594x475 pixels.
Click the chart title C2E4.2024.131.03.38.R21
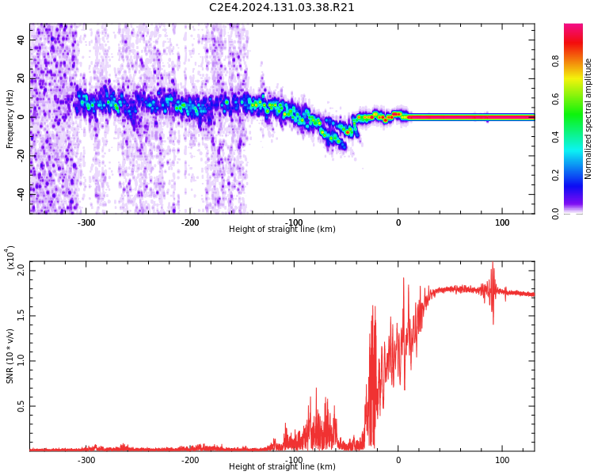click(x=281, y=8)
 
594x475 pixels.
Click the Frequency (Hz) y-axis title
click(x=10, y=119)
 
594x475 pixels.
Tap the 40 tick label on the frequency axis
click(x=21, y=40)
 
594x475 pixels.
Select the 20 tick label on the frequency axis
click(x=21, y=78)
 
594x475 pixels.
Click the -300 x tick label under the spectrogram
click(x=86, y=222)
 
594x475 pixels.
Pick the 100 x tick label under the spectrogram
click(x=502, y=222)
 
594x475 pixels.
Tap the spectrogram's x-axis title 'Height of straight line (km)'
click(x=282, y=230)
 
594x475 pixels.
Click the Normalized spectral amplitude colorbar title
click(x=588, y=119)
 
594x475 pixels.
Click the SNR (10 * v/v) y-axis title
click(x=10, y=356)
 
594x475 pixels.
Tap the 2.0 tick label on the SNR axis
click(x=21, y=269)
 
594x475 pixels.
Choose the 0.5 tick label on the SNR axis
click(x=21, y=406)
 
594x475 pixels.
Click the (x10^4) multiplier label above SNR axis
click(x=10, y=258)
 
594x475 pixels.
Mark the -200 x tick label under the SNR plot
click(x=190, y=460)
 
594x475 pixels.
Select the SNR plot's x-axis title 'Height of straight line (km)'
click(x=282, y=467)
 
